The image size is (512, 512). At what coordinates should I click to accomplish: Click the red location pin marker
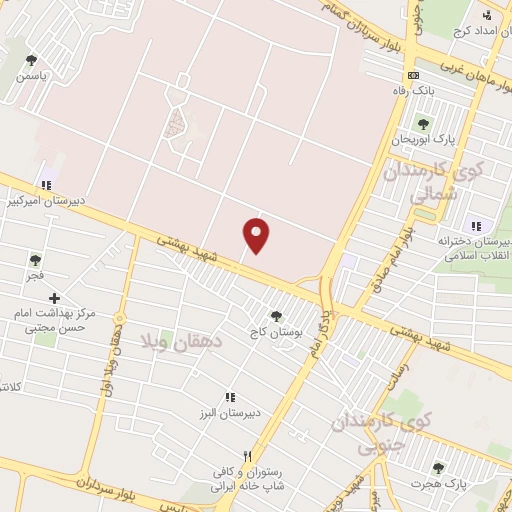click(257, 235)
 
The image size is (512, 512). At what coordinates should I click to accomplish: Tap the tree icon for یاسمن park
click(31, 60)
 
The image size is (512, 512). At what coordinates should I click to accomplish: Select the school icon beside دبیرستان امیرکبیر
click(45, 184)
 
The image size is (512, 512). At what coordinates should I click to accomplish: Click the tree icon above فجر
click(35, 260)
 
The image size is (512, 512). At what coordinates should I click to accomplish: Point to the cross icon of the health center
click(54, 298)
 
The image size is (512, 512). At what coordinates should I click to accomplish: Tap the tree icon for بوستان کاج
click(276, 315)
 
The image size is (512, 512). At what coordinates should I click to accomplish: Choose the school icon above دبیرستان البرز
click(230, 397)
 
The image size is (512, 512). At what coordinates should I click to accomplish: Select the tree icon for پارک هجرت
click(437, 468)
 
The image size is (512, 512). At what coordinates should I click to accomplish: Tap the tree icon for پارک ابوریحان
click(423, 124)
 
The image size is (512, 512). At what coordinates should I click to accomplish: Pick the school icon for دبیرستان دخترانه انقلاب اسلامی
click(475, 226)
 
